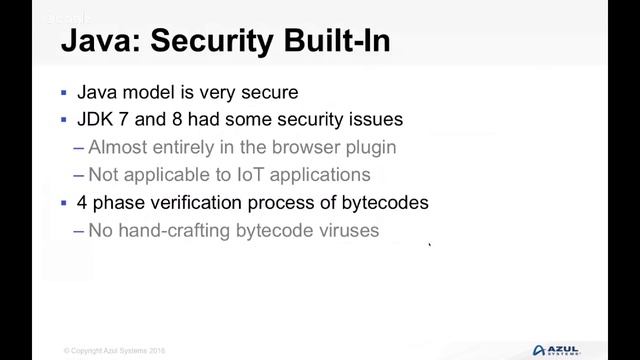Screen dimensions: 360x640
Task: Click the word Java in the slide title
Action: pyautogui.click(x=93, y=42)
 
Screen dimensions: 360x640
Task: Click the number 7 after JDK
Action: pyautogui.click(x=128, y=120)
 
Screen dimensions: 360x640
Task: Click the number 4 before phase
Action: pyautogui.click(x=83, y=202)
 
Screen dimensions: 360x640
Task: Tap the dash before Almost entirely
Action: pyautogui.click(x=79, y=148)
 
